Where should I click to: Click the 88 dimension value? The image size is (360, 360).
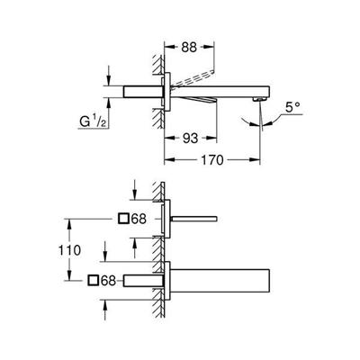[x=189, y=47]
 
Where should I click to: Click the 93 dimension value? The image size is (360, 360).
[x=191, y=138]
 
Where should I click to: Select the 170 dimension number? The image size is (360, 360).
[x=212, y=160]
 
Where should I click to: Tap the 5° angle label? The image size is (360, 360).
[x=292, y=107]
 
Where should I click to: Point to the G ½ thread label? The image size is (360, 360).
[x=93, y=121]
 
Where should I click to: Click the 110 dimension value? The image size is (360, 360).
[x=69, y=250]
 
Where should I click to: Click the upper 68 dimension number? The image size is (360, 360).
[x=139, y=219]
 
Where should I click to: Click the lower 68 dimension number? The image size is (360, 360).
[x=108, y=281]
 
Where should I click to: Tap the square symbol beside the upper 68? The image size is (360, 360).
[x=123, y=219]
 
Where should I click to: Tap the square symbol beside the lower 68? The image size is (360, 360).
[x=93, y=280]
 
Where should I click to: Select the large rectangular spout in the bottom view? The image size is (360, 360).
[x=220, y=281]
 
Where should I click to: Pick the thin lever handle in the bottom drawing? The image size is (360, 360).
[x=194, y=219]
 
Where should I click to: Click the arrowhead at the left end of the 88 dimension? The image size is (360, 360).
[x=169, y=47]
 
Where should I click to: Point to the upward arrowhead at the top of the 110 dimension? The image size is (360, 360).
[x=69, y=224]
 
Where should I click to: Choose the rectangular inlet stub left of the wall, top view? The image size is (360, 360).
[x=143, y=92]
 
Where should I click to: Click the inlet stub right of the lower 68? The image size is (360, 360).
[x=143, y=281]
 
